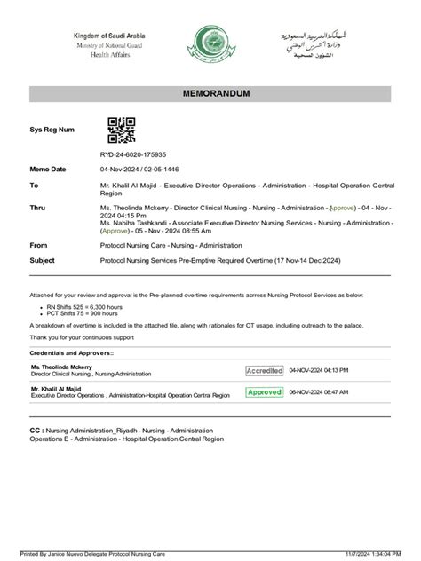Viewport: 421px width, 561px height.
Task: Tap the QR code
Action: coord(121,130)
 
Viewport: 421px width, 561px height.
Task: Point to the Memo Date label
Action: coord(48,169)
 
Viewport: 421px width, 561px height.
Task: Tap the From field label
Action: coord(38,243)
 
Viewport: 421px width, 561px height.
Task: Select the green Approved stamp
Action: coord(265,391)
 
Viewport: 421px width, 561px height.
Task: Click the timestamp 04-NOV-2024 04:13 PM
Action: coord(319,369)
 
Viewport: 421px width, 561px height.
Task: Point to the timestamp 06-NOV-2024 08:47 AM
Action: coord(319,391)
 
